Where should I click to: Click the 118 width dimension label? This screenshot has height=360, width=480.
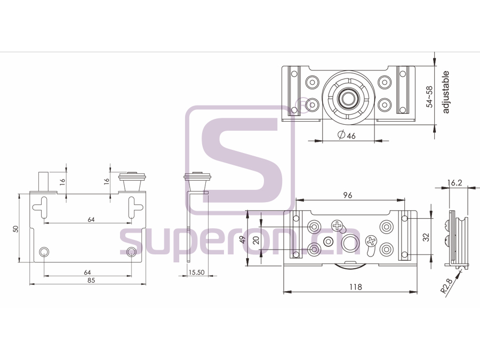coord(355,287)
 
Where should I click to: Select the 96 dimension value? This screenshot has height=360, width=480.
coord(348,195)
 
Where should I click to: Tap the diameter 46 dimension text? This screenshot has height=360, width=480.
coord(346,135)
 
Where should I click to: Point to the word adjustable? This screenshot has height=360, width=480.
coord(445,92)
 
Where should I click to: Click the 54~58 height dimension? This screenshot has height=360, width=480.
coord(430,97)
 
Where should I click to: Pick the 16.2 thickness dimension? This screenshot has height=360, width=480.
coord(454,183)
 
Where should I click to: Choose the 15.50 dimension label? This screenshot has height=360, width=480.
coord(196,272)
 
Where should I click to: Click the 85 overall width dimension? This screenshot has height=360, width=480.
coord(91,280)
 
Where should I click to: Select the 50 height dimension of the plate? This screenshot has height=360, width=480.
coord(15,229)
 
